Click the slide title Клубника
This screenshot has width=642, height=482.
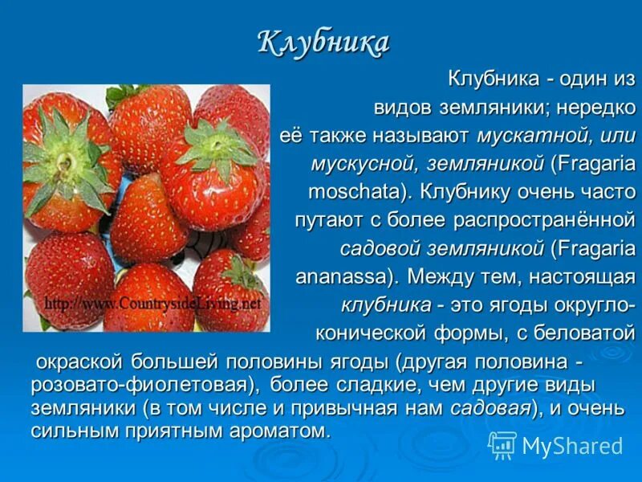pos(323,43)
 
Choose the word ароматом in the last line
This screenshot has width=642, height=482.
pos(290,431)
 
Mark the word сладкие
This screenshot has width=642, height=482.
pos(369,384)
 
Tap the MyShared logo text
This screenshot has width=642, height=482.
pos(572,446)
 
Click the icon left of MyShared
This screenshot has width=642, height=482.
pos(502,445)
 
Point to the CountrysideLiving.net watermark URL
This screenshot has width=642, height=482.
pos(153,304)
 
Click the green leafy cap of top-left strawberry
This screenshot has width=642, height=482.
pos(65,157)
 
